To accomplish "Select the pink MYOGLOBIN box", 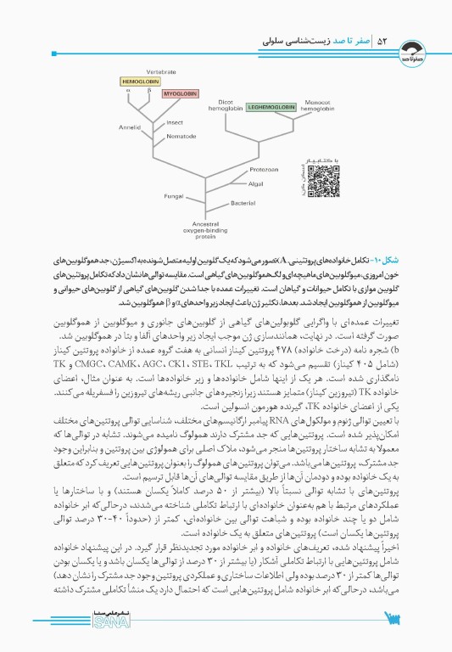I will coord(179,93).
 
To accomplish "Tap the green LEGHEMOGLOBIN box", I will coord(271,108).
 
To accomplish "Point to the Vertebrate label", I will coord(161,72).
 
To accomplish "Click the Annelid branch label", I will coord(130,126).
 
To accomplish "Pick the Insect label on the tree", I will coord(175,122).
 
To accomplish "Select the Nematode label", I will coord(181,136).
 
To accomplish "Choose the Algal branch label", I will coord(255,183).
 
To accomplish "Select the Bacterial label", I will coord(243,202).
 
